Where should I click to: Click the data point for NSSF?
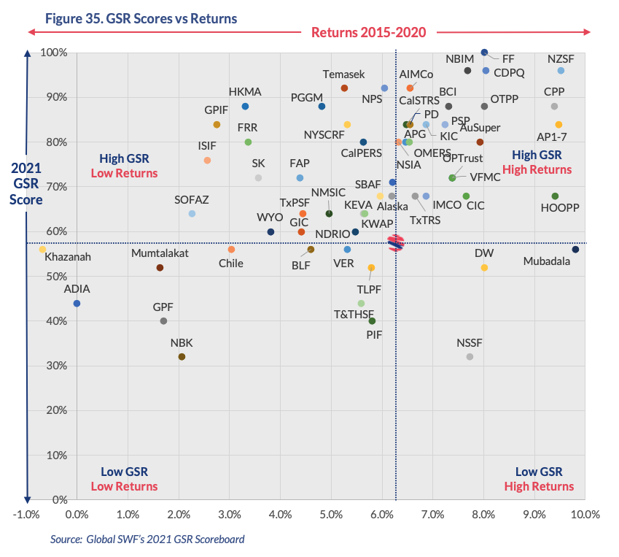(x=470, y=356)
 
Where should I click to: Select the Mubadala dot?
(x=575, y=250)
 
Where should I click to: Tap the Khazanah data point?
(x=42, y=250)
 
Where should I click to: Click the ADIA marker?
(x=77, y=303)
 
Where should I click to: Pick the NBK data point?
(x=182, y=356)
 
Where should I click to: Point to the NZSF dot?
(x=561, y=71)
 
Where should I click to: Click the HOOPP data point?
(x=555, y=196)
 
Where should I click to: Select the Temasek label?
(x=344, y=74)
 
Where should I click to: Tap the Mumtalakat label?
(x=160, y=253)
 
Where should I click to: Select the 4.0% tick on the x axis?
(x=281, y=514)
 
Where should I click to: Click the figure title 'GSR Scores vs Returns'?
(x=141, y=18)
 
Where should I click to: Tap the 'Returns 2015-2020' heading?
(x=368, y=32)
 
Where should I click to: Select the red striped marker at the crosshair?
(x=396, y=243)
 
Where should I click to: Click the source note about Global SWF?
(x=147, y=539)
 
